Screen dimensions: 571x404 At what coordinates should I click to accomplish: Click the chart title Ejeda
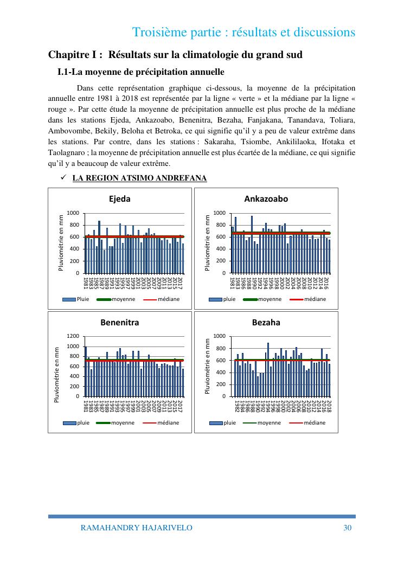120,199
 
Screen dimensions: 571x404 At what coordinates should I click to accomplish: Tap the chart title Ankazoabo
266,199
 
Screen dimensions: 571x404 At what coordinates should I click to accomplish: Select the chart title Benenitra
120,323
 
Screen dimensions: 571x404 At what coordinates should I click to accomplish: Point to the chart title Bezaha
266,323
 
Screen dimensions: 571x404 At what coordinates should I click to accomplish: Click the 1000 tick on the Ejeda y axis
73,213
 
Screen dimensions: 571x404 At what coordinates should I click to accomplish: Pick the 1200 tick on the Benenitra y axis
73,336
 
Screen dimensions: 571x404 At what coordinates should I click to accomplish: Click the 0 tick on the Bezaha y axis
223,396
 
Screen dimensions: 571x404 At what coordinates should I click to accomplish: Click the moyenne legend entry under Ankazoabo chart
266,299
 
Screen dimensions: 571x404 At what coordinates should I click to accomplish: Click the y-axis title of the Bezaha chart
208,366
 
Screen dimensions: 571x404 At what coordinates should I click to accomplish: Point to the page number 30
348,528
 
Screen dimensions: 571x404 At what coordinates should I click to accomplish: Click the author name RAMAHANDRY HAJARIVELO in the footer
136,528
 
